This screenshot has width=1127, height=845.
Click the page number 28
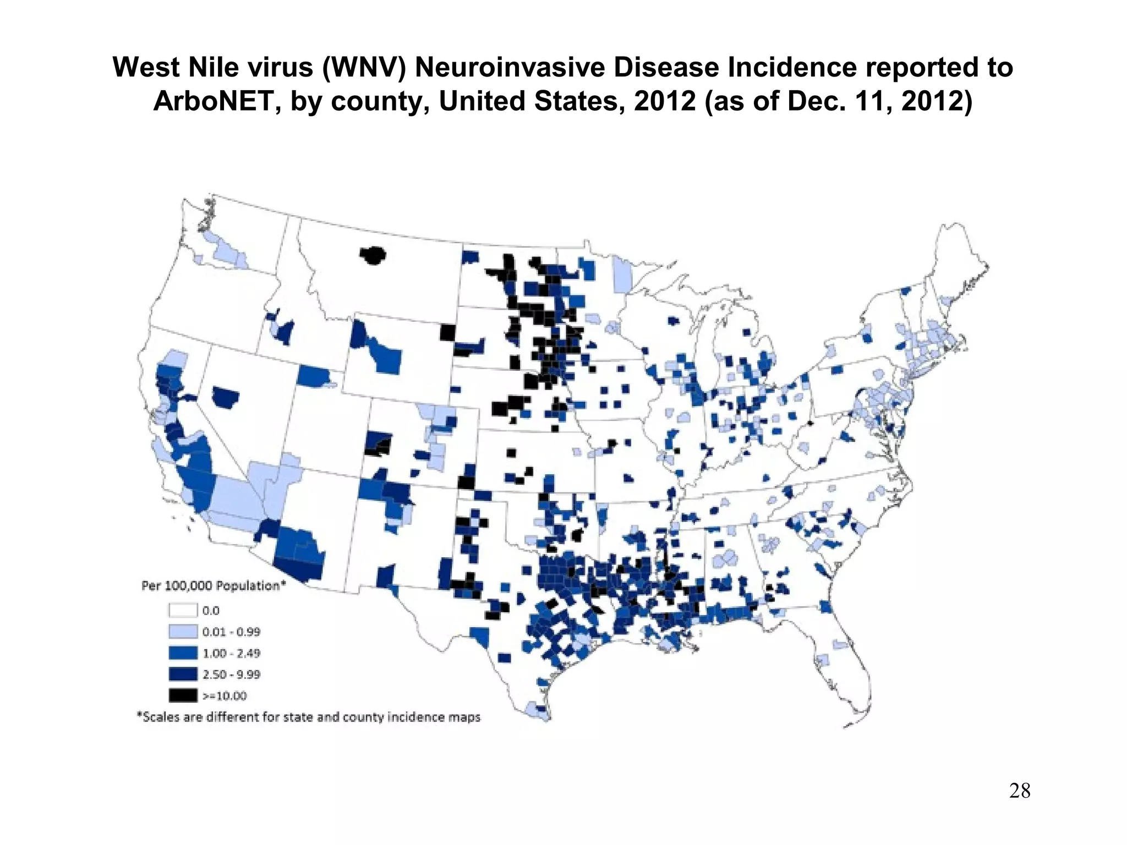pyautogui.click(x=1020, y=791)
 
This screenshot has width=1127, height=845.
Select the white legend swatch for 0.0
pyautogui.click(x=183, y=610)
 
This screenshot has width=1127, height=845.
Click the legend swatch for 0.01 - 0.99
pyautogui.click(x=183, y=632)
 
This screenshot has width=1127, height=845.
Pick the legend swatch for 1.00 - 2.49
pyautogui.click(x=183, y=653)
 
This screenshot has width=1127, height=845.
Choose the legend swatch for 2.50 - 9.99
pyautogui.click(x=183, y=674)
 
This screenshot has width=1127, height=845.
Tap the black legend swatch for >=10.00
pyautogui.click(x=183, y=695)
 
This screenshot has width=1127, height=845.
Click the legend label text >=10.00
pyautogui.click(x=225, y=696)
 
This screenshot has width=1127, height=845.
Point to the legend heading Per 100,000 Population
pyautogui.click(x=214, y=586)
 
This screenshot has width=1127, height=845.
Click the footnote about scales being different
pyautogui.click(x=309, y=717)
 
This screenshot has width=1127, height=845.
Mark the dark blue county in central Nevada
pyautogui.click(x=226, y=397)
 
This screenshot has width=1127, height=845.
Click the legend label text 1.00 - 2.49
pyautogui.click(x=231, y=653)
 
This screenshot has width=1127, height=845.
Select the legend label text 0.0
pyautogui.click(x=211, y=611)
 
